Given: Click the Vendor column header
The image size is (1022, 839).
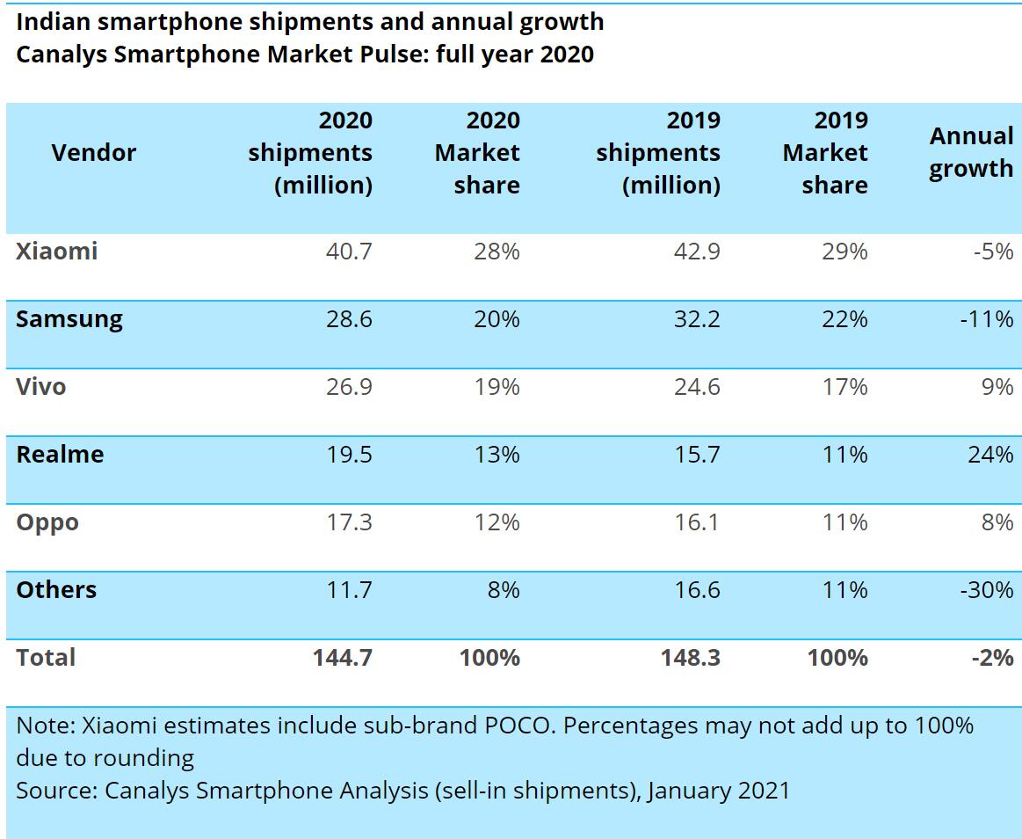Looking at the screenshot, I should (94, 153).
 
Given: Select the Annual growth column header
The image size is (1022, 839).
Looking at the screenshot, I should (971, 152).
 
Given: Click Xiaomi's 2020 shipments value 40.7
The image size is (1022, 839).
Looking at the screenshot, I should (349, 252).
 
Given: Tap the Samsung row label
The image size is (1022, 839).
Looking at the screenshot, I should (69, 319).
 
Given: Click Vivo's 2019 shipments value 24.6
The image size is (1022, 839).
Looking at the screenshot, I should (697, 387).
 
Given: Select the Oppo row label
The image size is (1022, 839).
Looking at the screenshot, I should (47, 522).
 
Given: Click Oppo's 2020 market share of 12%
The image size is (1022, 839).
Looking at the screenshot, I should (497, 522).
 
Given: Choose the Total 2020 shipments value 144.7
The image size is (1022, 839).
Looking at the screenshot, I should (343, 658).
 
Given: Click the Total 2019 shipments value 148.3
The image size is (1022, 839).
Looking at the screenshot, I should (691, 658).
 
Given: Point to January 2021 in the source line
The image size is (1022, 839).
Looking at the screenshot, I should (719, 791).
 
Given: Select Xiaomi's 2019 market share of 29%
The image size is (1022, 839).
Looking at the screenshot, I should (845, 252).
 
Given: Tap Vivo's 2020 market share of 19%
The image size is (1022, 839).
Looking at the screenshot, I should (497, 387).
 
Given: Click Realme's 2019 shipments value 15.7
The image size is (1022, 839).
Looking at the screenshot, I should (697, 455).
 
